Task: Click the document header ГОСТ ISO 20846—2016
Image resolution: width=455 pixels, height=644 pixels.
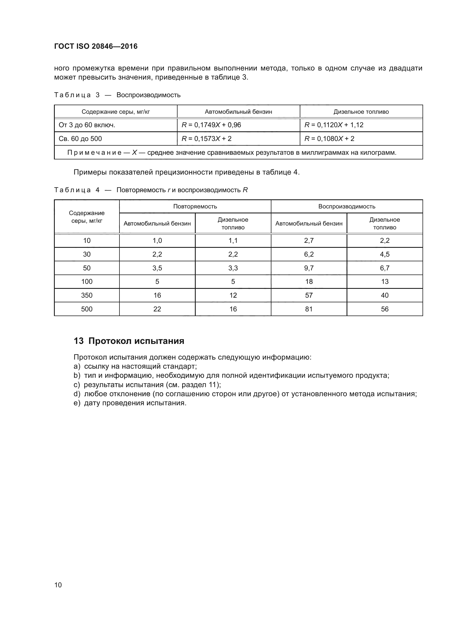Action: coord(96,46)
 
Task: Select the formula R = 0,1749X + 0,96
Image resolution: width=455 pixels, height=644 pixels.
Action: coord(211,125)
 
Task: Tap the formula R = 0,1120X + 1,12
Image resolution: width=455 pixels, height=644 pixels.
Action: coord(334,125)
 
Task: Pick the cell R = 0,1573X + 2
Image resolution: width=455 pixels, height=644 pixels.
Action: coord(206,139)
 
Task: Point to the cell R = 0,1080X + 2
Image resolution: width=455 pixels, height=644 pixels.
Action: coord(329,139)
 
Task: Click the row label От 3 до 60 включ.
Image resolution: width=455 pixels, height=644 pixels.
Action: coord(87,125)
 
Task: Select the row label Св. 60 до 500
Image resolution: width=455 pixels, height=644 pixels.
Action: coord(80,139)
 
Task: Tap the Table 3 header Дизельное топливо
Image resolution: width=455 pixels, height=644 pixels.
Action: coord(361,112)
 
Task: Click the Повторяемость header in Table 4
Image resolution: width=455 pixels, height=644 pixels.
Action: coord(195,206)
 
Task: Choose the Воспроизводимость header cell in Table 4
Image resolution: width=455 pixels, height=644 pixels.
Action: coord(347,206)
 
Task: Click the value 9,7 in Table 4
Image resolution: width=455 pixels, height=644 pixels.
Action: coord(309,268)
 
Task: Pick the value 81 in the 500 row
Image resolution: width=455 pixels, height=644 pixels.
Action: coord(309,309)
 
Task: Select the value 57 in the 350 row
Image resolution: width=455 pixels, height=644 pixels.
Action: coord(309,295)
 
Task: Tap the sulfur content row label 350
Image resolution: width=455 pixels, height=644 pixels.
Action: coord(87,295)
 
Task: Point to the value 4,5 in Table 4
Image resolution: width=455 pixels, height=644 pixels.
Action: coord(385,254)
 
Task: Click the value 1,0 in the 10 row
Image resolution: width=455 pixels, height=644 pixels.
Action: coord(157,241)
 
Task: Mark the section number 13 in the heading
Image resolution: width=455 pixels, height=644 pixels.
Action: coord(78,341)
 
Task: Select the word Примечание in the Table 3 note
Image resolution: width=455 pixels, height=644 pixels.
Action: coord(94,153)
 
